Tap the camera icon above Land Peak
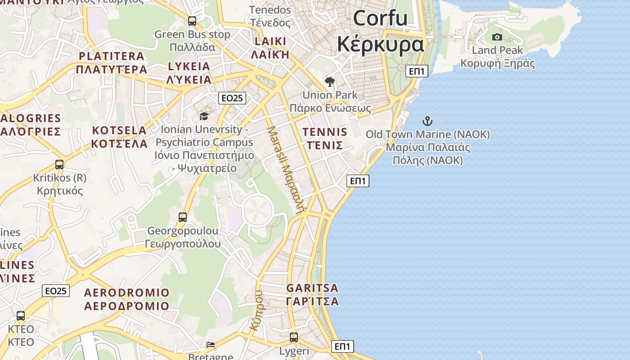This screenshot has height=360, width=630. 497,37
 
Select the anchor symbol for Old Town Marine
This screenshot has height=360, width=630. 427,121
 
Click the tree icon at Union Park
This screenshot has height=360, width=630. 330,81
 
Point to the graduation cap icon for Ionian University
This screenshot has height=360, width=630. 204,117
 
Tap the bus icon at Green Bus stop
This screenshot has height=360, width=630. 192,21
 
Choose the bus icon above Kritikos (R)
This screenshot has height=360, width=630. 59,164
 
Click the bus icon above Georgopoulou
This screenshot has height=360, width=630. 183,217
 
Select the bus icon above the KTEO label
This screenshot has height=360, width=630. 21,315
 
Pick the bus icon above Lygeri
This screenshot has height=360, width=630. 294,337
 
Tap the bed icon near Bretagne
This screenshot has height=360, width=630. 211,345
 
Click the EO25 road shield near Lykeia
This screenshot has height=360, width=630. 232,98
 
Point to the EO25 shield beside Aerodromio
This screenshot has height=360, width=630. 56,291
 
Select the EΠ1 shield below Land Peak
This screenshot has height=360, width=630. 416,71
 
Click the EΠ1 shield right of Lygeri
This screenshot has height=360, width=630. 342,346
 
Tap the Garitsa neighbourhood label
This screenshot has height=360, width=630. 312,294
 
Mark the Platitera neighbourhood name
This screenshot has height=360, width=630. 112,63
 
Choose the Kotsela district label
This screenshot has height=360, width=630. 119,137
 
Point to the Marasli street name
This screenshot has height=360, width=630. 286,169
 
